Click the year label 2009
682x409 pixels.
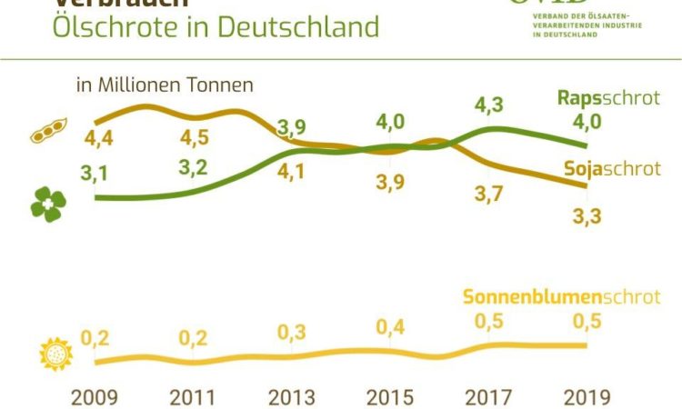coord(95,396)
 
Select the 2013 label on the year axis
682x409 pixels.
coord(291,396)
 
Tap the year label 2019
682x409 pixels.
coord(587,396)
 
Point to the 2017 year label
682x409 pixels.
coord(488,396)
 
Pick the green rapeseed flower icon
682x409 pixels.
coord(46,204)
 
